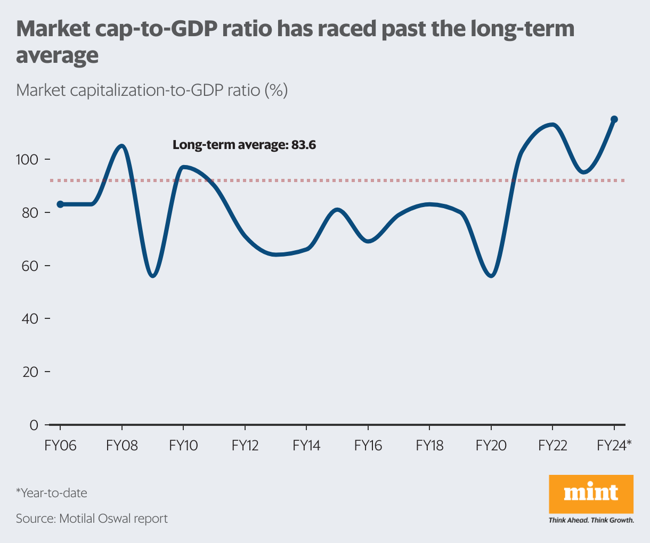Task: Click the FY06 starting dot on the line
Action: click(x=60, y=204)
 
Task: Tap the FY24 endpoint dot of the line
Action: click(x=614, y=119)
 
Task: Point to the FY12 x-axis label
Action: click(x=245, y=446)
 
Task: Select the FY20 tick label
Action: click(x=491, y=446)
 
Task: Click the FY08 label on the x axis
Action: click(x=122, y=446)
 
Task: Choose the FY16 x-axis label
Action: click(x=368, y=446)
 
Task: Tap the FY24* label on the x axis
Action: click(x=614, y=446)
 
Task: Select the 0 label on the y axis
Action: click(x=34, y=425)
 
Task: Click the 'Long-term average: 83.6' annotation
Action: click(x=244, y=145)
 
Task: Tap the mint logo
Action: click(x=591, y=493)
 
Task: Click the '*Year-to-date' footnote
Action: click(x=52, y=493)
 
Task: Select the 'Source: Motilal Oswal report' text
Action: click(x=92, y=519)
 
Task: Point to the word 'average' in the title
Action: click(x=58, y=55)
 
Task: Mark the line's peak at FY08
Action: click(x=122, y=146)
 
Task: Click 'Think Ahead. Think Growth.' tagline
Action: click(x=591, y=520)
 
